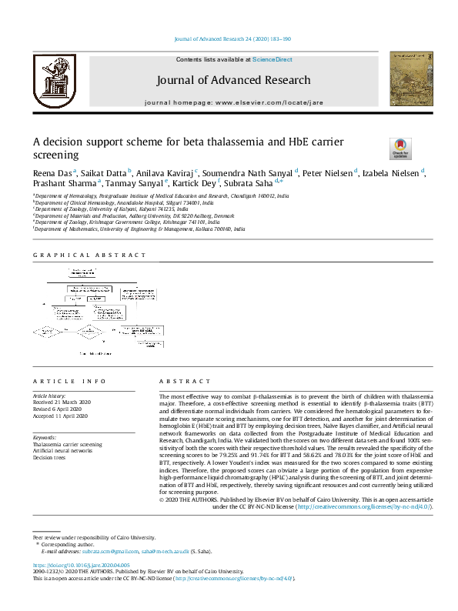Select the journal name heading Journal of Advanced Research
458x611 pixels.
[x=233, y=80]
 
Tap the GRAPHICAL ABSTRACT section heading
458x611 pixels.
[x=89, y=255]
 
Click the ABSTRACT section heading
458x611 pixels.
[x=184, y=382]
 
